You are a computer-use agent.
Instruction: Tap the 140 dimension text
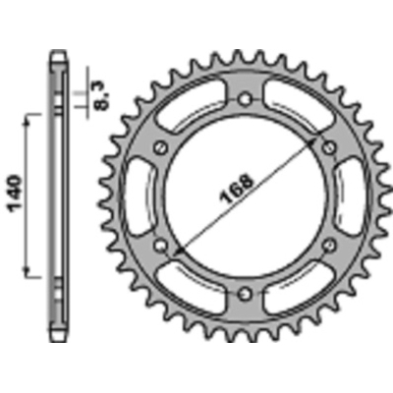pos(15,195)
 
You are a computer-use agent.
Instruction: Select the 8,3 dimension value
pos(103,96)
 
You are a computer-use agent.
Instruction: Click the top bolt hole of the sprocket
pos(245,98)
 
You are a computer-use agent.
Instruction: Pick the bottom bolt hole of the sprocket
pos(245,294)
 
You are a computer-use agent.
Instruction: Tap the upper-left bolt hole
pos(160,146)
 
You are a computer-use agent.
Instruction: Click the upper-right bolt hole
pos(329,147)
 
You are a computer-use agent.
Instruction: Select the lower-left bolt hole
pos(160,245)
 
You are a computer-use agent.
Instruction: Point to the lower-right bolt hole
pos(329,245)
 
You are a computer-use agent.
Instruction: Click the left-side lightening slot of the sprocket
pos(137,196)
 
